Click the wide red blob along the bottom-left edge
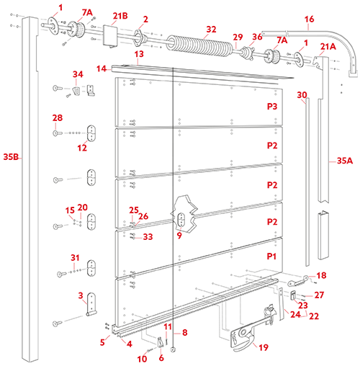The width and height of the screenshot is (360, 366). click(x=108, y=346)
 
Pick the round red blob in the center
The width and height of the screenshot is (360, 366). click(x=140, y=208)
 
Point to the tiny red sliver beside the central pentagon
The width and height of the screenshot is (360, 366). click(x=181, y=237)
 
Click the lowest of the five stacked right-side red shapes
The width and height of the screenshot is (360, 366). click(x=266, y=256)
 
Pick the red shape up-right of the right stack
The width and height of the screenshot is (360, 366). click(x=302, y=93)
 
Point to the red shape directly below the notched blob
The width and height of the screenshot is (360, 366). click(x=61, y=115)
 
